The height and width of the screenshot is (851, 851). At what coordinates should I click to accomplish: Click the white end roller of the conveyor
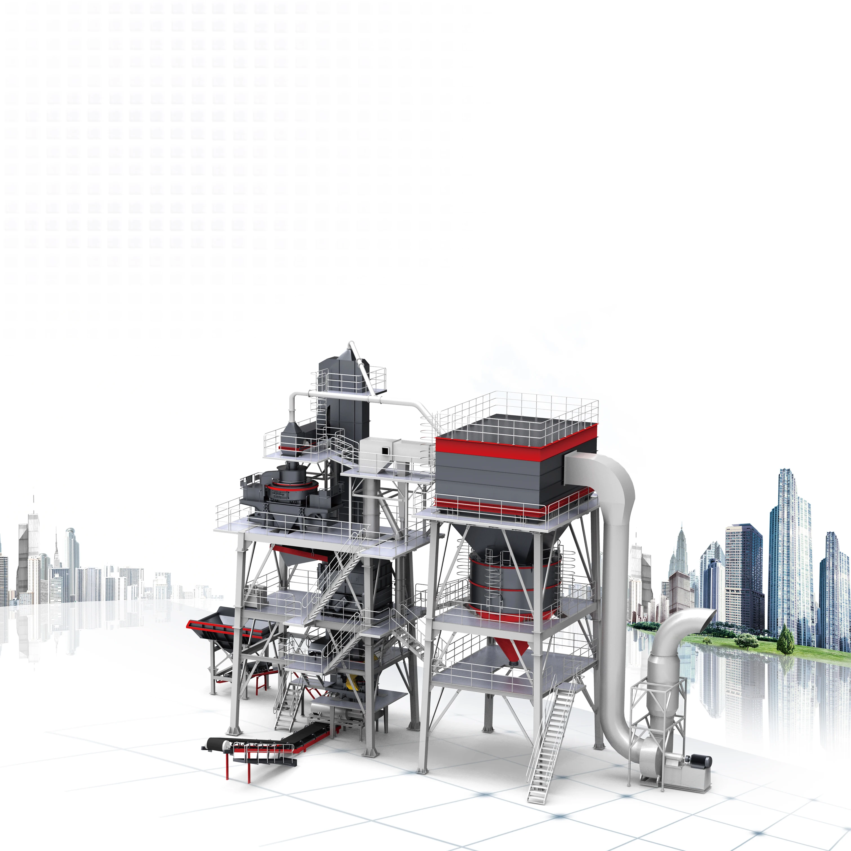tap(225, 744)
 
